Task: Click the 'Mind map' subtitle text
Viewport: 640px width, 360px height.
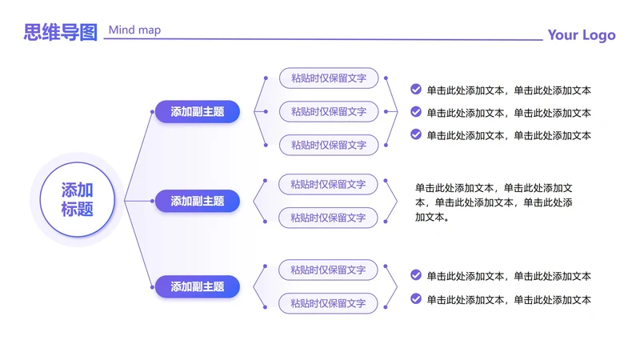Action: tap(134, 30)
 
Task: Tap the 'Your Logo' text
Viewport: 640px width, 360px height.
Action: tap(582, 35)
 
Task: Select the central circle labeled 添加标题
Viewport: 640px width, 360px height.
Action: tap(78, 199)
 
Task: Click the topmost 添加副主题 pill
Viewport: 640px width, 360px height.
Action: tap(198, 112)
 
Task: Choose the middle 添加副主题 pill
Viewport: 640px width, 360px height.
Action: tap(198, 201)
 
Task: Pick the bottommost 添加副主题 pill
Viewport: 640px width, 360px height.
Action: tap(198, 286)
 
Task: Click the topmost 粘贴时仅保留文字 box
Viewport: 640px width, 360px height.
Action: tap(329, 78)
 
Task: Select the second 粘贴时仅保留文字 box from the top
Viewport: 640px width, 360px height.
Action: tap(329, 111)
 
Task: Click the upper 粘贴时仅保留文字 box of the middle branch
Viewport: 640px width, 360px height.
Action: tap(328, 184)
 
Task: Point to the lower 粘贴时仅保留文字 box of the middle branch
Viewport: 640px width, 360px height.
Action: tap(328, 218)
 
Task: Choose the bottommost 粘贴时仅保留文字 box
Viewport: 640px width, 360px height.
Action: tap(328, 303)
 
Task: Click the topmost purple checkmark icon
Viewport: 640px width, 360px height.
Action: tap(416, 90)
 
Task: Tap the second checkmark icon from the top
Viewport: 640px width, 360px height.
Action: tap(416, 112)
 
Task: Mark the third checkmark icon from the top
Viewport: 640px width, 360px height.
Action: tap(416, 134)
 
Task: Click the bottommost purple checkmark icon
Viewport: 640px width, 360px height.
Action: tap(416, 298)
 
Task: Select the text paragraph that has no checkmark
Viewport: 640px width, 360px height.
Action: tap(494, 202)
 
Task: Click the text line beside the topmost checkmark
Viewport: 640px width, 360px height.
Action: tap(509, 90)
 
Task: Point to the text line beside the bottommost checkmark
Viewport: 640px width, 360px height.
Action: tap(509, 299)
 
